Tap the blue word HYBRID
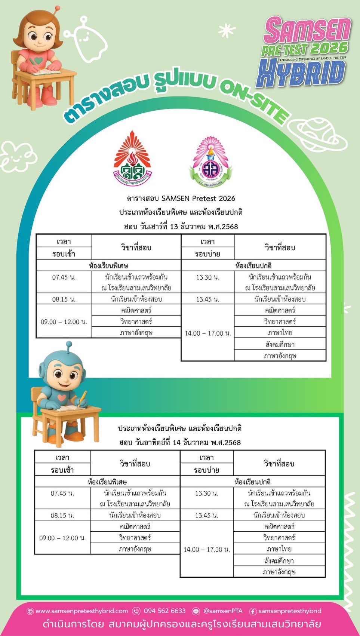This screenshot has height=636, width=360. click(x=301, y=74)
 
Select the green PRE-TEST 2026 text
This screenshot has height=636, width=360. click(x=305, y=49)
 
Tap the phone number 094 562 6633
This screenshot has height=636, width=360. click(x=164, y=611)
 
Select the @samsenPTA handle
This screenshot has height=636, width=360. click(x=223, y=611)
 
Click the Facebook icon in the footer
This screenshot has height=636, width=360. click(x=252, y=611)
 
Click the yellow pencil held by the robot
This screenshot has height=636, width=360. click(x=83, y=396)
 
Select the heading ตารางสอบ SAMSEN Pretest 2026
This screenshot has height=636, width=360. click(x=181, y=199)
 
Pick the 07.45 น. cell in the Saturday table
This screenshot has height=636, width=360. click(x=64, y=277)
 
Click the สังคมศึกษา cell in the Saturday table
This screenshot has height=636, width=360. click(x=280, y=344)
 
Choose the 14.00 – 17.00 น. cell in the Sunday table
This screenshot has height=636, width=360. click(x=207, y=549)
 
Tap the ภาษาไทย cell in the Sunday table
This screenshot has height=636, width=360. click(x=279, y=549)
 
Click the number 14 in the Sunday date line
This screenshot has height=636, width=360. click(x=176, y=443)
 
